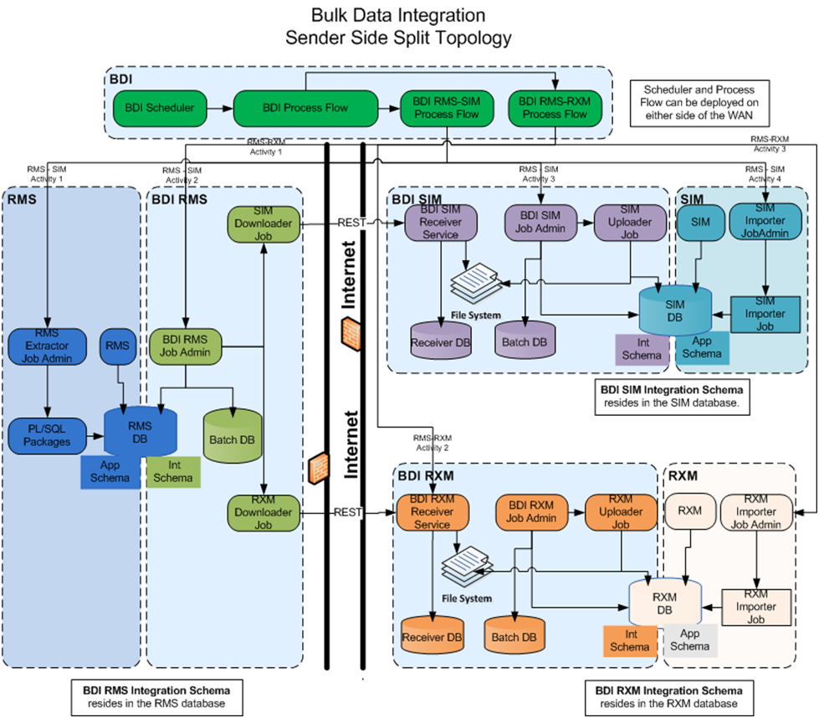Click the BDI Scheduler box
point(160,108)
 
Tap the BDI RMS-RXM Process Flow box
point(555,108)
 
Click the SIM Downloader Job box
point(264,224)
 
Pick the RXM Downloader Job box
point(264,512)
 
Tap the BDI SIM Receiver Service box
point(440,224)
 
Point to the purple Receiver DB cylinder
point(441,341)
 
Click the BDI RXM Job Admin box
point(531,512)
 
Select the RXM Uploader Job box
point(620,512)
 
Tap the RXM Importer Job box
point(756,607)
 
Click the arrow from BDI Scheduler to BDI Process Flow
point(219,108)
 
